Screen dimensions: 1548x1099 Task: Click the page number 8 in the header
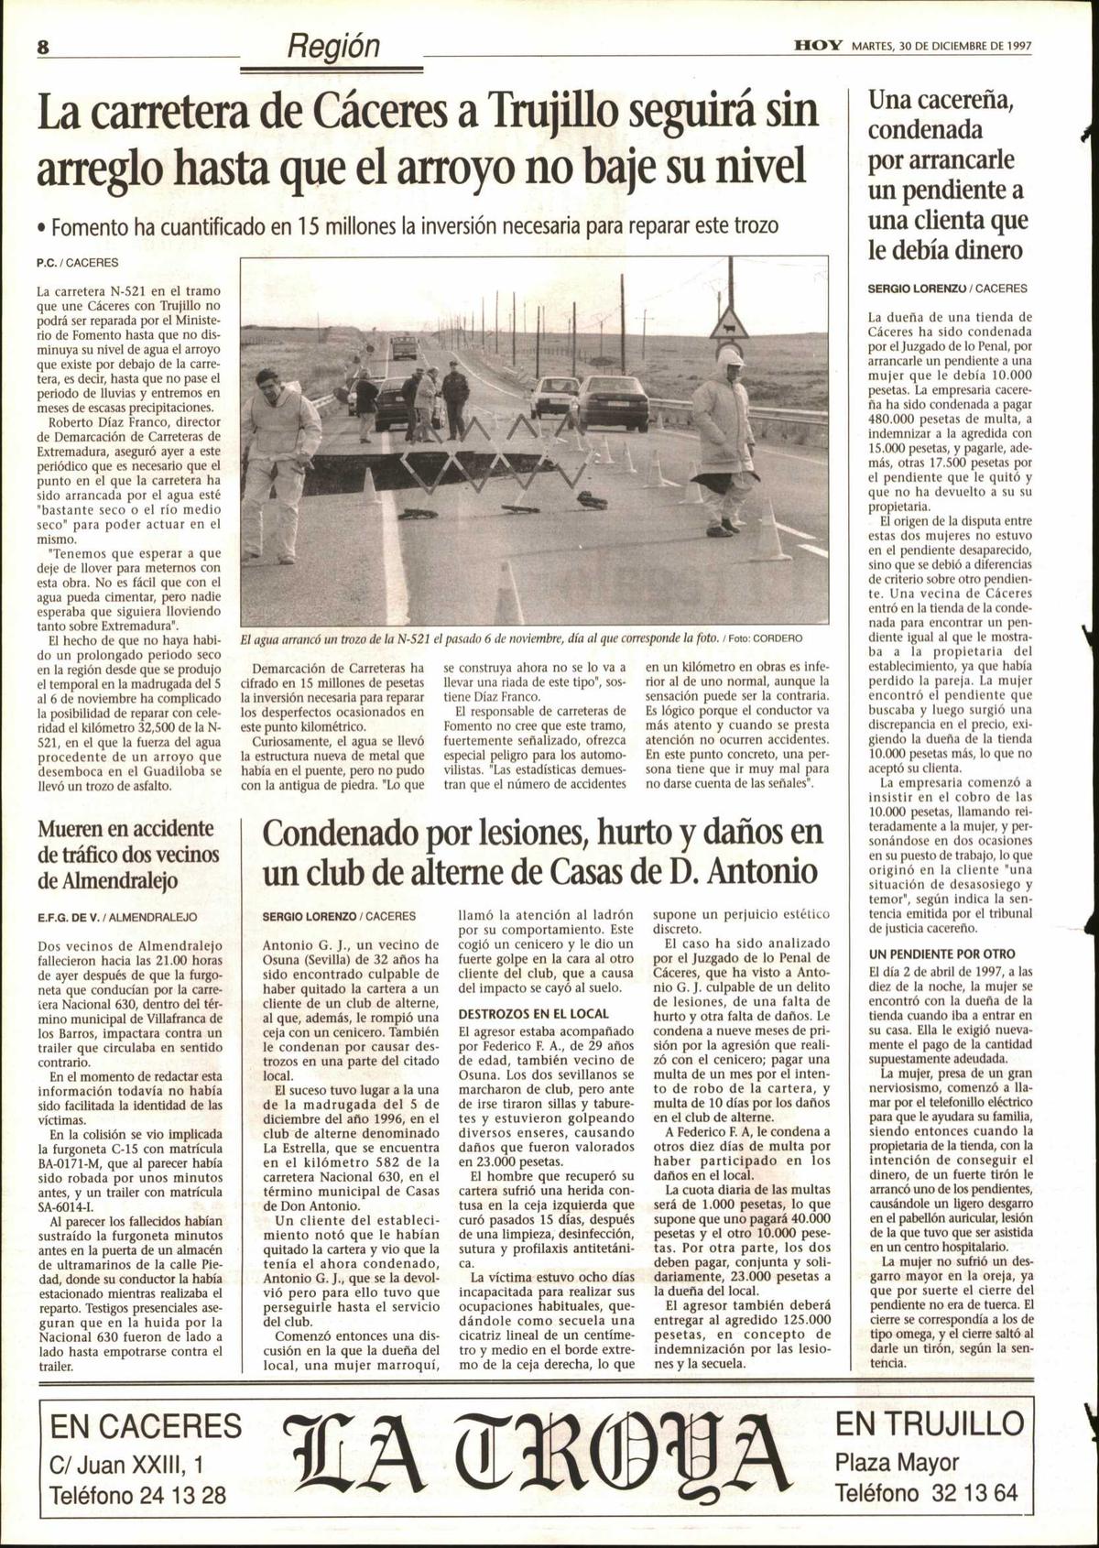(x=42, y=47)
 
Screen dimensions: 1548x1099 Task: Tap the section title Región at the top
(x=333, y=45)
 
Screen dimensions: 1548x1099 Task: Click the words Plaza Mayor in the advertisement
(x=897, y=1463)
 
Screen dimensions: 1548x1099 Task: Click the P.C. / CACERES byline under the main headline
(x=78, y=263)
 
